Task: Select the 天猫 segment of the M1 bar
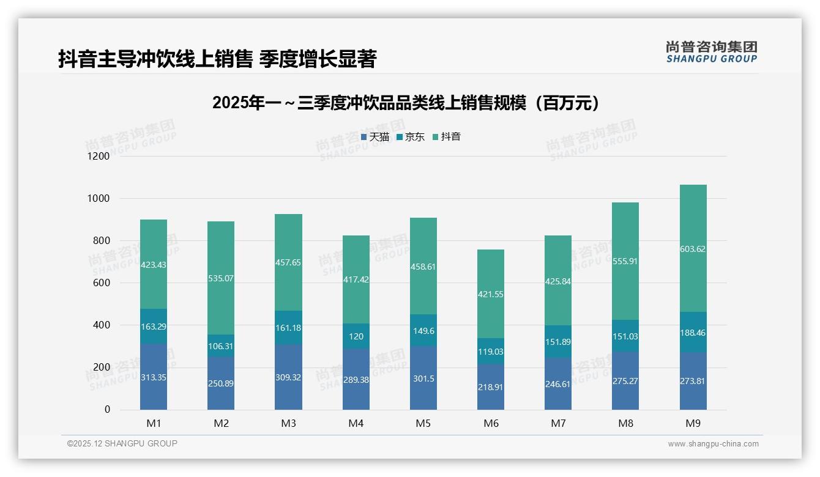coord(154,377)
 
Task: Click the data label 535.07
coord(221,278)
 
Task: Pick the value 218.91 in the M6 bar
coord(491,387)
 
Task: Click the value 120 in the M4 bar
coord(356,336)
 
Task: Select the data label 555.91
coord(625,261)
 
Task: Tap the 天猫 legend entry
coord(375,137)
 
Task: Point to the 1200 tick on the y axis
coord(99,156)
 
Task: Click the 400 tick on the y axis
coord(102,325)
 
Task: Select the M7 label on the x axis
coord(558,423)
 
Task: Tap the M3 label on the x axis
coord(288,423)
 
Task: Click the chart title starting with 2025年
coord(406,103)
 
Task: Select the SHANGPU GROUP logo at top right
coord(712,52)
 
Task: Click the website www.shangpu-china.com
coord(713,444)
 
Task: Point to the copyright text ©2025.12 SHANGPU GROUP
coord(122,443)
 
